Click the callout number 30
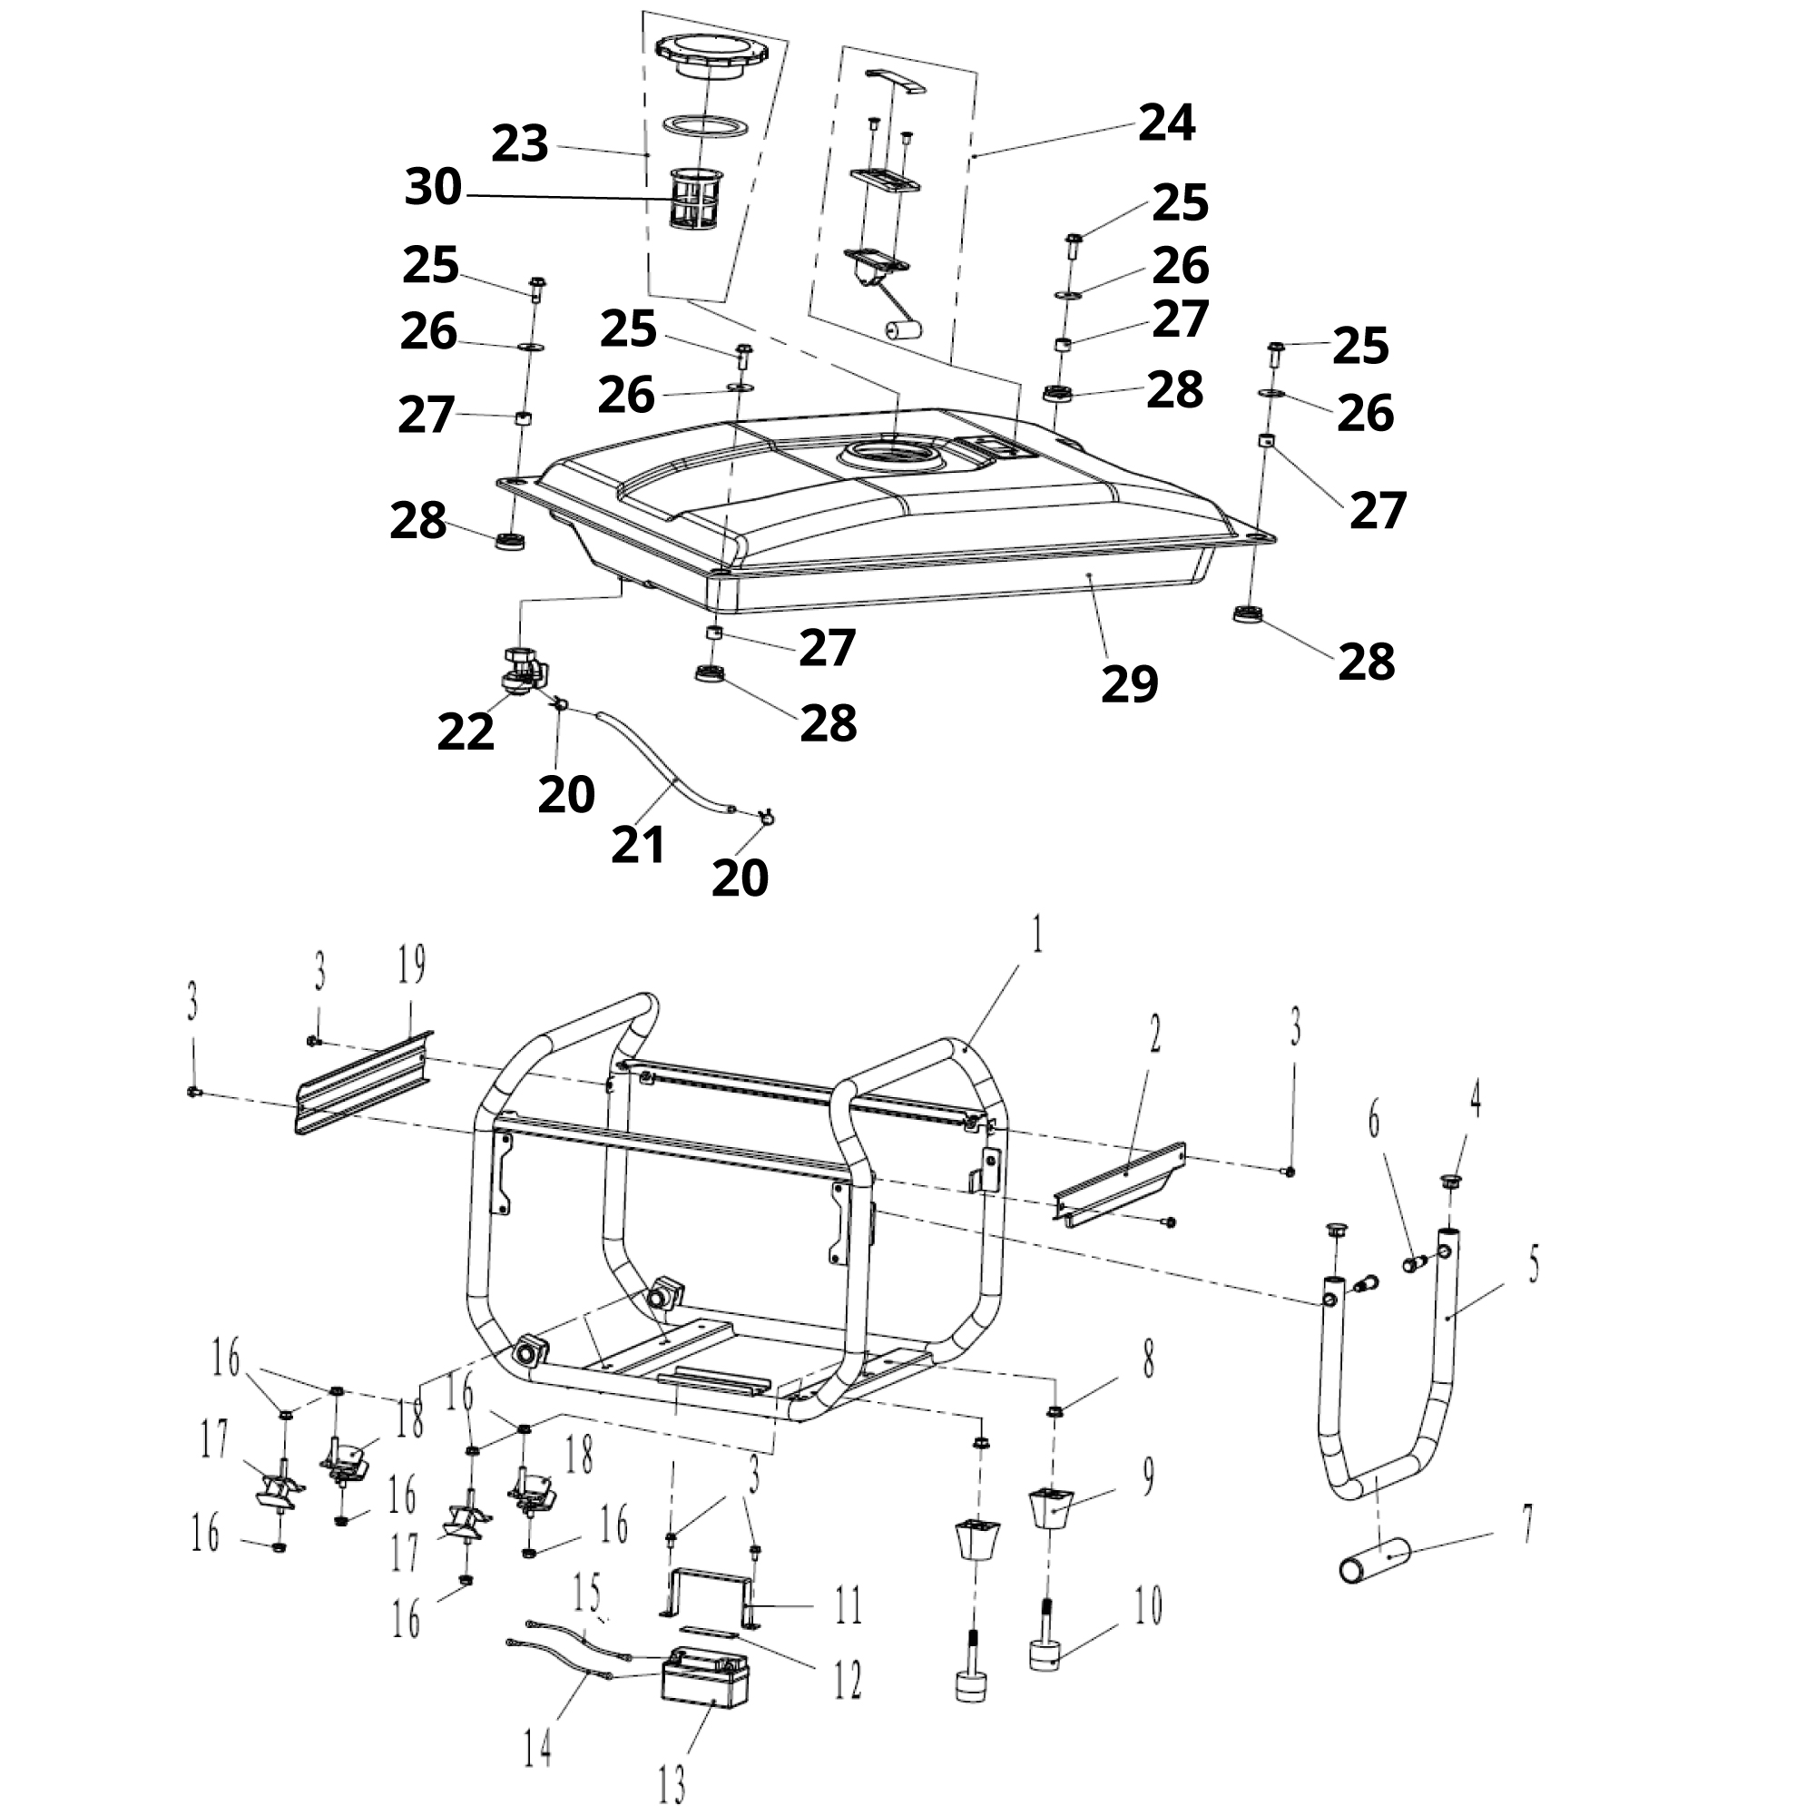coord(433,187)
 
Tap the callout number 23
coord(519,144)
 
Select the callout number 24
coord(1167,124)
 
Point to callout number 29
coord(1129,684)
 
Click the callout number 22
coord(465,731)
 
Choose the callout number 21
coord(638,845)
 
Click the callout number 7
coord(1527,1524)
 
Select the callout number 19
coord(411,965)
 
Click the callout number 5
coord(1533,1265)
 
